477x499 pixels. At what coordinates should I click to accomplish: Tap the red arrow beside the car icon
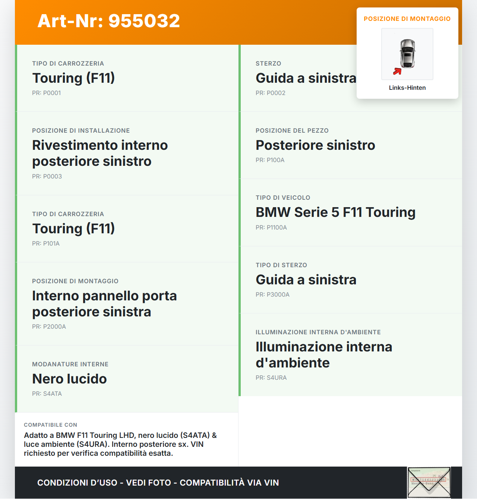point(397,71)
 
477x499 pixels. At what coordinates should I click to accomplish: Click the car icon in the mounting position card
point(407,54)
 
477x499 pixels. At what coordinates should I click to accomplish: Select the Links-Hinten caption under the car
point(407,88)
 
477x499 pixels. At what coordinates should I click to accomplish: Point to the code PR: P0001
point(46,93)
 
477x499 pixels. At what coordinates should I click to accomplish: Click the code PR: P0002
point(271,93)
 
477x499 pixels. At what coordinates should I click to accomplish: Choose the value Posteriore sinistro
point(315,145)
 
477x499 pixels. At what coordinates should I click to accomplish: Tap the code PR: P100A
point(270,160)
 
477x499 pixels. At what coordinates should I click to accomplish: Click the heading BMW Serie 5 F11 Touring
point(335,212)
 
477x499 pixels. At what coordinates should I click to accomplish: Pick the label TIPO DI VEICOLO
point(283,198)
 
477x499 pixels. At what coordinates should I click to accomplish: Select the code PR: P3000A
point(272,295)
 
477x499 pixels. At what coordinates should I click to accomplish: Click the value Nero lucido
point(69,379)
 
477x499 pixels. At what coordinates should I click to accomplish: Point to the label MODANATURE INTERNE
point(70,364)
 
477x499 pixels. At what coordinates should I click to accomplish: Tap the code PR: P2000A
point(49,327)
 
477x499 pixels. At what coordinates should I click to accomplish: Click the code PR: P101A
point(46,244)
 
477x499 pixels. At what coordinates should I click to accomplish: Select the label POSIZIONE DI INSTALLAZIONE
point(81,131)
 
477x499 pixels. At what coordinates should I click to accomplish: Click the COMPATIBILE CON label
point(50,425)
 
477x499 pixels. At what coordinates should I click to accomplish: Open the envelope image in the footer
point(429,483)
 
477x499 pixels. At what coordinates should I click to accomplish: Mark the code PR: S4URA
point(271,378)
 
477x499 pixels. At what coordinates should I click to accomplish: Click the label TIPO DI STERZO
point(281,265)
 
